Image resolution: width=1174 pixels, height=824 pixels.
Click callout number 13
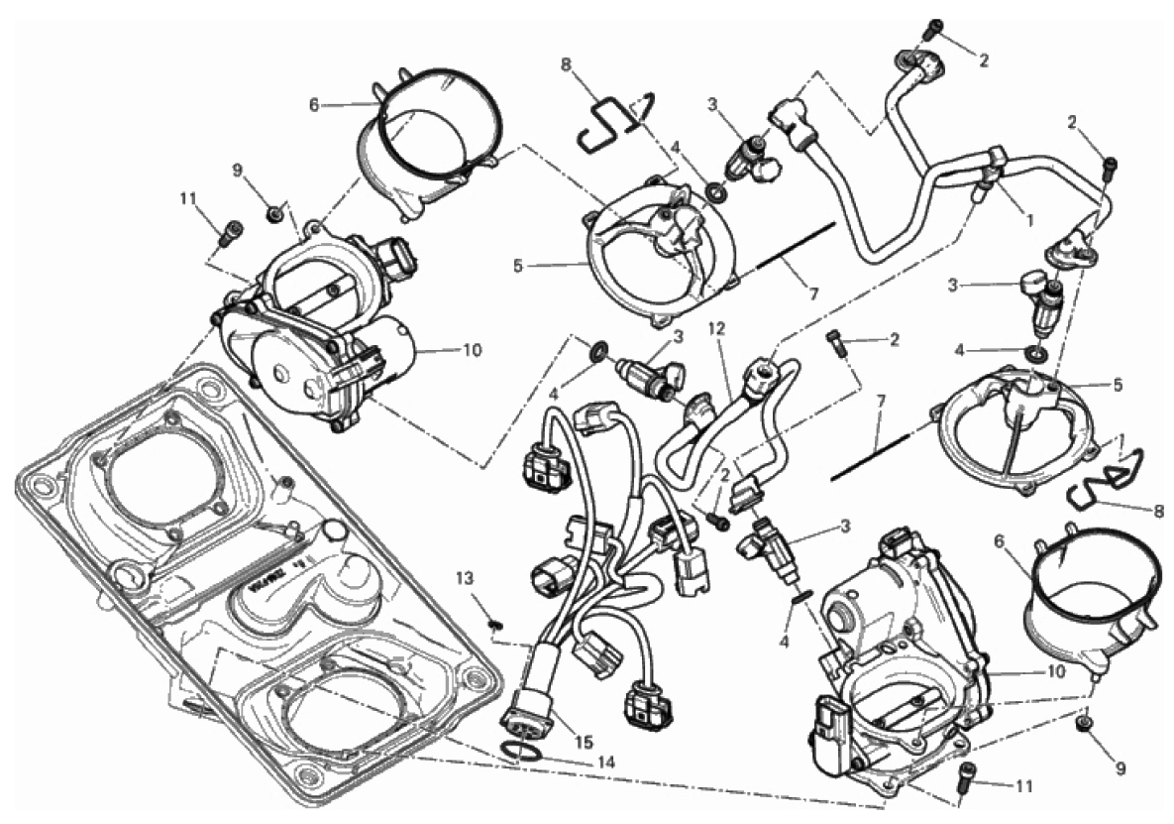tap(465, 578)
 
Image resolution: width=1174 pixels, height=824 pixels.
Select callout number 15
tap(584, 743)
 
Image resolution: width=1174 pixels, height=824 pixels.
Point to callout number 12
tap(717, 328)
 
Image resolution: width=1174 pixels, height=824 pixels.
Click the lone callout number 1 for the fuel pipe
tap(1029, 221)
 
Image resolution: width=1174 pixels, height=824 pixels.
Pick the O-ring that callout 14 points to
tap(519, 751)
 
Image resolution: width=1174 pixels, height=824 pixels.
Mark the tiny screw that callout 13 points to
tap(494, 624)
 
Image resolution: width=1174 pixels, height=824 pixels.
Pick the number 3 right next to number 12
tap(679, 338)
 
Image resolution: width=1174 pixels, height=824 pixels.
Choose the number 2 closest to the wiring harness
tap(725, 474)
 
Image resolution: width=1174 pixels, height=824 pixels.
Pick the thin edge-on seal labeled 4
tap(800, 595)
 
